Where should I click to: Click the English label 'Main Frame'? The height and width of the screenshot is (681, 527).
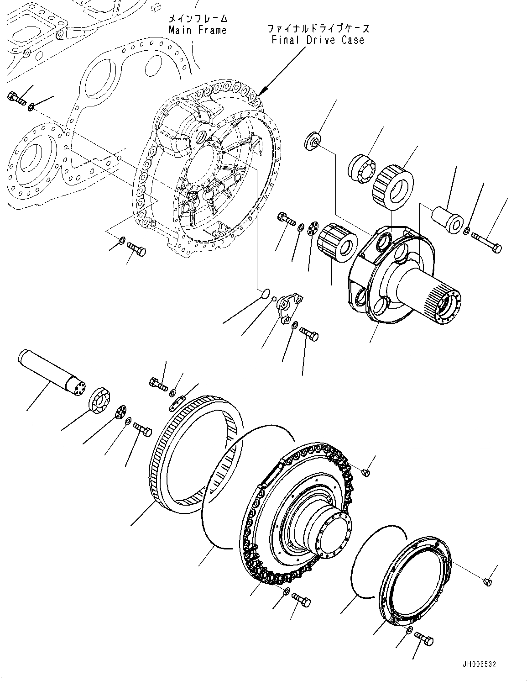pyautogui.click(x=197, y=30)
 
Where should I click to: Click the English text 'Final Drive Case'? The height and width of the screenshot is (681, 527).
pyautogui.click(x=318, y=40)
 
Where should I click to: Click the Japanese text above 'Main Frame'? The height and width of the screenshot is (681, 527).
pyautogui.click(x=198, y=19)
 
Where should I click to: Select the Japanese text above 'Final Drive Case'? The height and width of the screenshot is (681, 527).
pyautogui.click(x=318, y=28)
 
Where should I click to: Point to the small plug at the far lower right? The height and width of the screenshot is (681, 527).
pyautogui.click(x=487, y=581)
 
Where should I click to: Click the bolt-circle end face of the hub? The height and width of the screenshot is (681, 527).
pyautogui.click(x=334, y=533)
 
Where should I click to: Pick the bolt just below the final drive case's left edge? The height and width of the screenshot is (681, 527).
pyautogui.click(x=136, y=248)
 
